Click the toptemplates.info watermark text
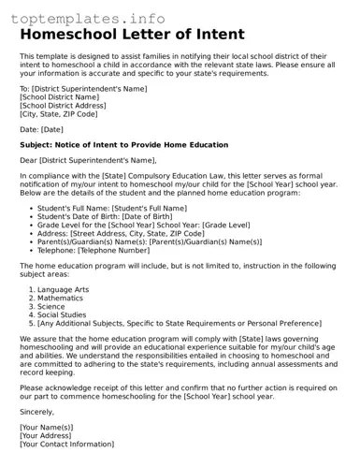(92, 18)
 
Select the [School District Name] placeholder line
(60, 96)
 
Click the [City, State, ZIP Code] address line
(58, 113)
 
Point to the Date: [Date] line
(41, 129)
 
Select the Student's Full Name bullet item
(112, 208)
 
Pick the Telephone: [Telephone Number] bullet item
(94, 250)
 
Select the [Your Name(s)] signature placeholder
(47, 427)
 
